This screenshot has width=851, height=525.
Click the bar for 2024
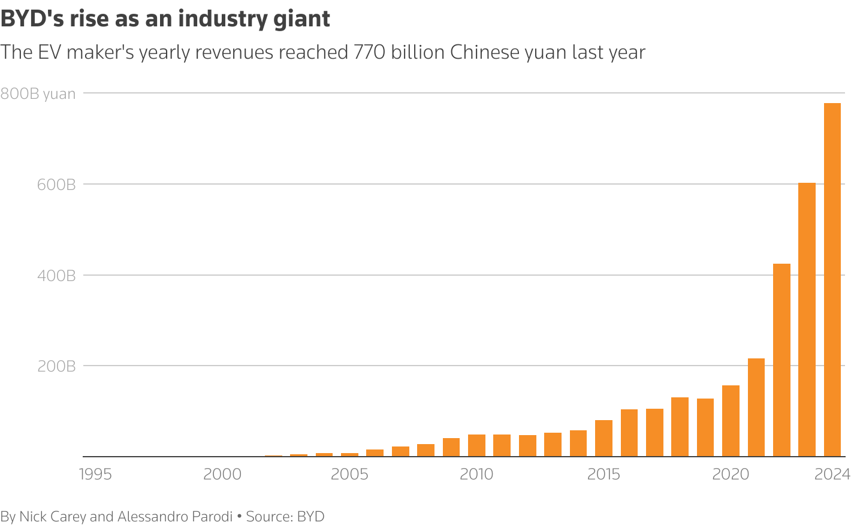point(832,280)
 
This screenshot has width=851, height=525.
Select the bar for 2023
point(807,319)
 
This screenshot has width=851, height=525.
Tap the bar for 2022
point(781,360)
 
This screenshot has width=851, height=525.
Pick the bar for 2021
point(756,408)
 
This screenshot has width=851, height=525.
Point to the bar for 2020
point(731,421)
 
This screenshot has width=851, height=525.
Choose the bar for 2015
point(603,438)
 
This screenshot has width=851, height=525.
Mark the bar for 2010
point(476,445)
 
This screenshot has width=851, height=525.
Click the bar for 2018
point(680,427)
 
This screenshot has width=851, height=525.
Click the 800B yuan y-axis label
point(38,94)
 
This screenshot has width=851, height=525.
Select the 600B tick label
point(56,185)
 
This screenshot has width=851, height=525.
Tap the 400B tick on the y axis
point(56,276)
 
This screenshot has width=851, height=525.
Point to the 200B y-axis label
point(56,366)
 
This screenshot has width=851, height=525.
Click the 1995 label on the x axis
point(95,475)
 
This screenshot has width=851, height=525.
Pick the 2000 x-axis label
point(222,475)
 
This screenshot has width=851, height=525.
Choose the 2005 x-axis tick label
point(349,475)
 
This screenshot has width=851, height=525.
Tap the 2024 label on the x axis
point(832,475)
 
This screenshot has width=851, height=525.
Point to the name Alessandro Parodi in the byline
point(175,517)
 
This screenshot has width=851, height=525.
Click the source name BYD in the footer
point(310,517)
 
